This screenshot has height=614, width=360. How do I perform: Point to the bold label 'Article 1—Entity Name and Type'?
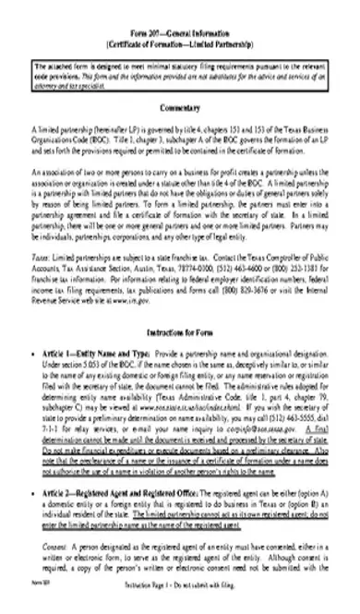(x=99, y=355)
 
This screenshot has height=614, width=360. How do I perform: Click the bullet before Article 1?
(x=34, y=355)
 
